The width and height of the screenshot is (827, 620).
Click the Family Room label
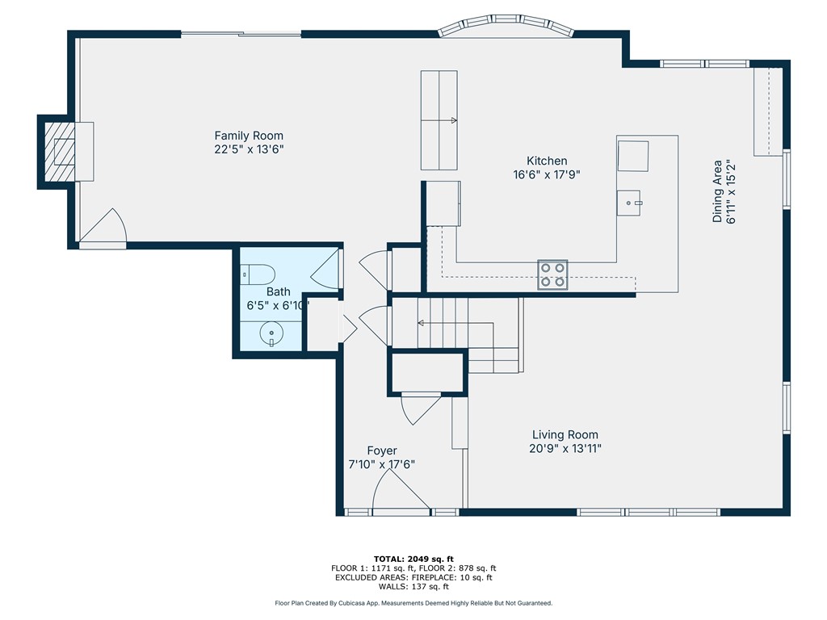[249, 136]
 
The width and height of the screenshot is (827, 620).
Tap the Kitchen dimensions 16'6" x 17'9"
[547, 174]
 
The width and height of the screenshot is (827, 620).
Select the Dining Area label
[717, 191]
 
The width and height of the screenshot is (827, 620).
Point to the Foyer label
[382, 450]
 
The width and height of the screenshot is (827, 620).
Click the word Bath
[279, 291]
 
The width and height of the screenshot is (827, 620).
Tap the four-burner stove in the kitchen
[553, 274]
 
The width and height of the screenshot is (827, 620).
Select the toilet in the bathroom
[260, 274]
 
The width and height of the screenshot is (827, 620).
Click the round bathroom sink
[271, 332]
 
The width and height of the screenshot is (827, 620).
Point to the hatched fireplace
[59, 151]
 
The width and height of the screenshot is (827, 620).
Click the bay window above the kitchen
[506, 27]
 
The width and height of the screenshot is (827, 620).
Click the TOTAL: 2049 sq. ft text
[413, 559]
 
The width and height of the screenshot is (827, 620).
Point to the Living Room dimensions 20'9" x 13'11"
[565, 449]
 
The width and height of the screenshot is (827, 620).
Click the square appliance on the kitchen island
[633, 155]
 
